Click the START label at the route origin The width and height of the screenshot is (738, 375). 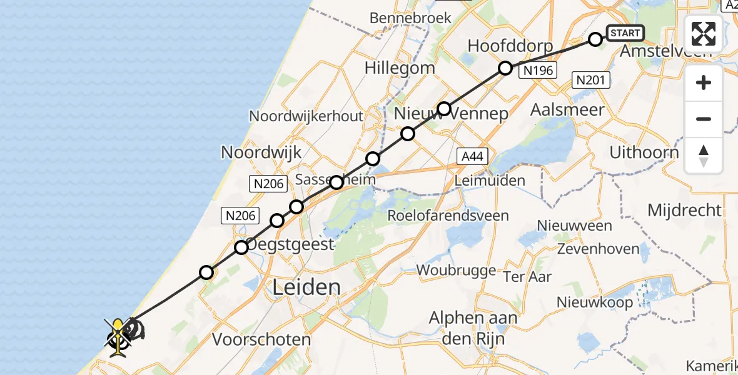click(624, 33)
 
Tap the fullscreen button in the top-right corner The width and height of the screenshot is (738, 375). click(704, 34)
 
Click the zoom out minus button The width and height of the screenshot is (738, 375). click(704, 119)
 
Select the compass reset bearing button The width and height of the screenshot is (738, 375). click(704, 156)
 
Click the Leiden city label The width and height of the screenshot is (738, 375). click(307, 287)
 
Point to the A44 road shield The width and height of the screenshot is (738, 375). click(472, 156)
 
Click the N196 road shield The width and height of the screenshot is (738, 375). click(538, 71)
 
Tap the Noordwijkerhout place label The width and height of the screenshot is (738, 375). click(306, 116)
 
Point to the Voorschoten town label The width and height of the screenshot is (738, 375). click(261, 340)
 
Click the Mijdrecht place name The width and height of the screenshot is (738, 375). click(684, 210)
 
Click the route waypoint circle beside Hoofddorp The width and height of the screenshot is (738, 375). click(505, 67)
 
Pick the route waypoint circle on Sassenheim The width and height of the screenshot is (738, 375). click(336, 182)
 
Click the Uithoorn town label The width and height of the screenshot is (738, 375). click(644, 152)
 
